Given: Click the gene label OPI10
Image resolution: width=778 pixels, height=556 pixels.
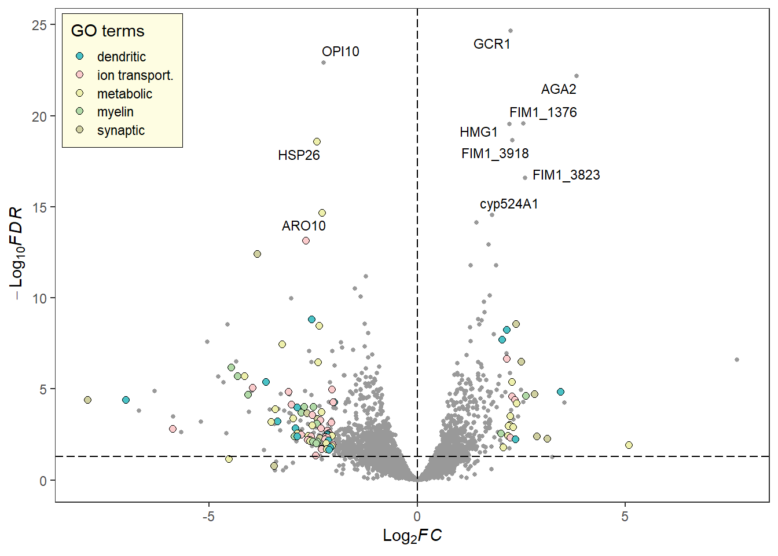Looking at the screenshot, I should (340, 52).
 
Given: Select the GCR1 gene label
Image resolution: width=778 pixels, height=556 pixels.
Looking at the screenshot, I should (491, 44).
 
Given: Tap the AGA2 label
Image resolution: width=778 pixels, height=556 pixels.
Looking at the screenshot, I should (559, 89).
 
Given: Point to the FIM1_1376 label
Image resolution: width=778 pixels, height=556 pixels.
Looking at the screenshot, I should (543, 112).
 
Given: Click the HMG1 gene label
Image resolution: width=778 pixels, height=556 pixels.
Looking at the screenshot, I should (479, 132).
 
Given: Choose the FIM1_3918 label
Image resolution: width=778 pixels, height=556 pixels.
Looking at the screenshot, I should (495, 153).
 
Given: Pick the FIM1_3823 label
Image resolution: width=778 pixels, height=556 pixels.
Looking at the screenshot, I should (566, 175).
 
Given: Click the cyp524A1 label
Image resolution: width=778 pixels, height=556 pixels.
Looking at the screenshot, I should (509, 204).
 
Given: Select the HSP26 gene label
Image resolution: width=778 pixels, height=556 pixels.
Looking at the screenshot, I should (299, 155).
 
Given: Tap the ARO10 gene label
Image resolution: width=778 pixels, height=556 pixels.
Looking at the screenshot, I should (303, 226).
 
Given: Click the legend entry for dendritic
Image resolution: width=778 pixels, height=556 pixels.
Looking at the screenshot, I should (121, 57).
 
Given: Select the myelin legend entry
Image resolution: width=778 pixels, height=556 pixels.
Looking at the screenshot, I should (115, 112).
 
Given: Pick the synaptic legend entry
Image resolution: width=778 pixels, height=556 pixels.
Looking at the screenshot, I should (120, 130).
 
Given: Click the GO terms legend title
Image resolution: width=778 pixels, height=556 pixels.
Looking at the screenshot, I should (108, 31).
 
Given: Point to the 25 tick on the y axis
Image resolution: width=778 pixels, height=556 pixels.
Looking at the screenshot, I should (39, 25).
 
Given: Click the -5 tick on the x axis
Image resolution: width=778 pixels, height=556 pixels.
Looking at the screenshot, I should (208, 517).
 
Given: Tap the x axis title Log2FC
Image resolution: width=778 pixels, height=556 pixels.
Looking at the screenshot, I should (412, 536).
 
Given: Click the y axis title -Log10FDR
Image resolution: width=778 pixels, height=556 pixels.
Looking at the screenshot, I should (17, 253).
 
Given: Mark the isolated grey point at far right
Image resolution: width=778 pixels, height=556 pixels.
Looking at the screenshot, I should (737, 360).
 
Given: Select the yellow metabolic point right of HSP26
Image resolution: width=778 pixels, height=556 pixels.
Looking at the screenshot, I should (317, 142).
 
